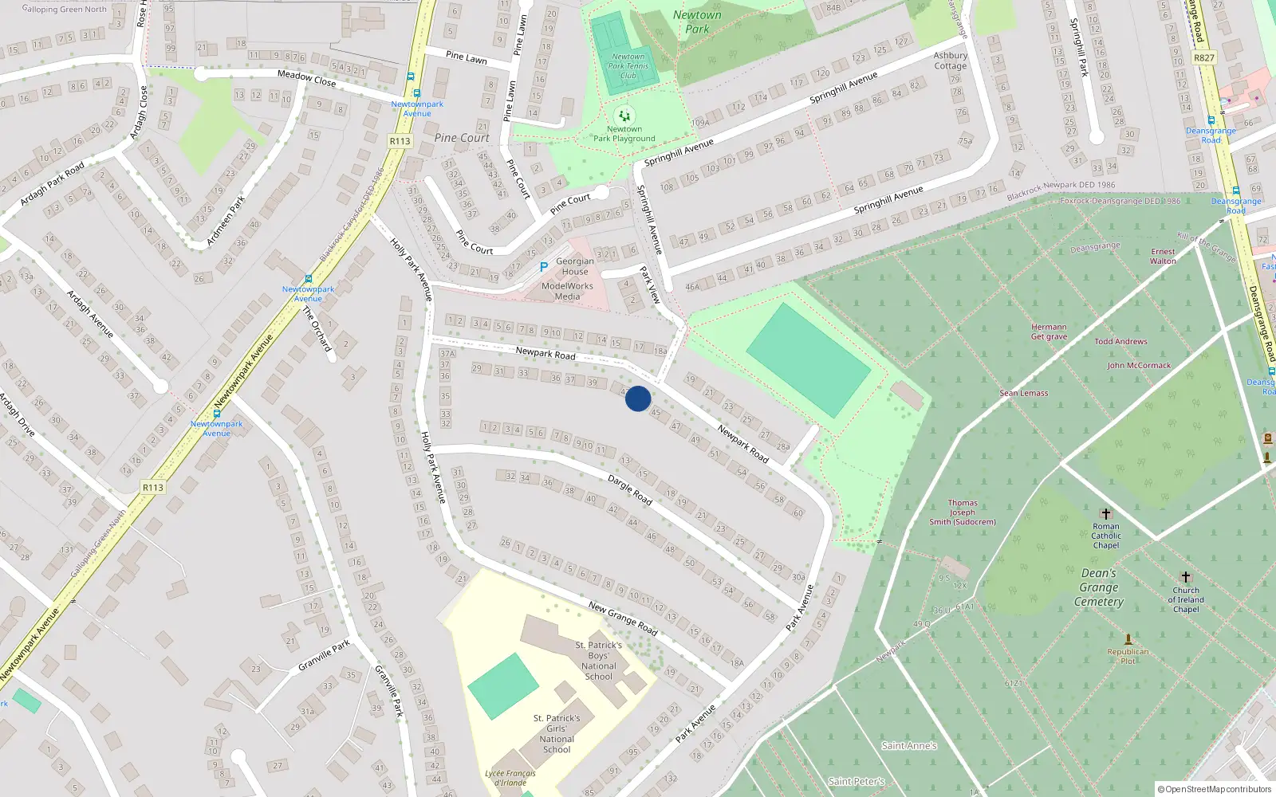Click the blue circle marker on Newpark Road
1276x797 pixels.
[638, 398]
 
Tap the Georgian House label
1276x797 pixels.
[574, 266]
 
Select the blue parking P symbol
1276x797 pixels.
[543, 267]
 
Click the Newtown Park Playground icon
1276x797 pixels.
[624, 116]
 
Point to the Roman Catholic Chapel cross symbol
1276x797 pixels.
[1105, 514]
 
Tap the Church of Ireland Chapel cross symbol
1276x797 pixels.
[1186, 577]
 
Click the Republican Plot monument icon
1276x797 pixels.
[1128, 639]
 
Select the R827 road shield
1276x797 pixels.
[1204, 58]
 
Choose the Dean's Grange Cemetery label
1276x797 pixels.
[1099, 587]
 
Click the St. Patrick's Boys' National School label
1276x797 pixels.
[599, 661]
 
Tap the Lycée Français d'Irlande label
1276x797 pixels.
[510, 778]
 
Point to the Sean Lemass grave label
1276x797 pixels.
[1024, 393]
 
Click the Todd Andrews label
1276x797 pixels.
[1120, 341]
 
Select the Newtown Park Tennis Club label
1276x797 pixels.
[628, 66]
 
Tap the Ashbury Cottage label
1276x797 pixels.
[950, 61]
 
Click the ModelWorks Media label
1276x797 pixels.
[567, 291]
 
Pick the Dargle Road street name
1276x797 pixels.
[630, 490]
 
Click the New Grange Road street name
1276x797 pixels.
[623, 618]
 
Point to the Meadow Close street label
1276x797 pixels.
[306, 78]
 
